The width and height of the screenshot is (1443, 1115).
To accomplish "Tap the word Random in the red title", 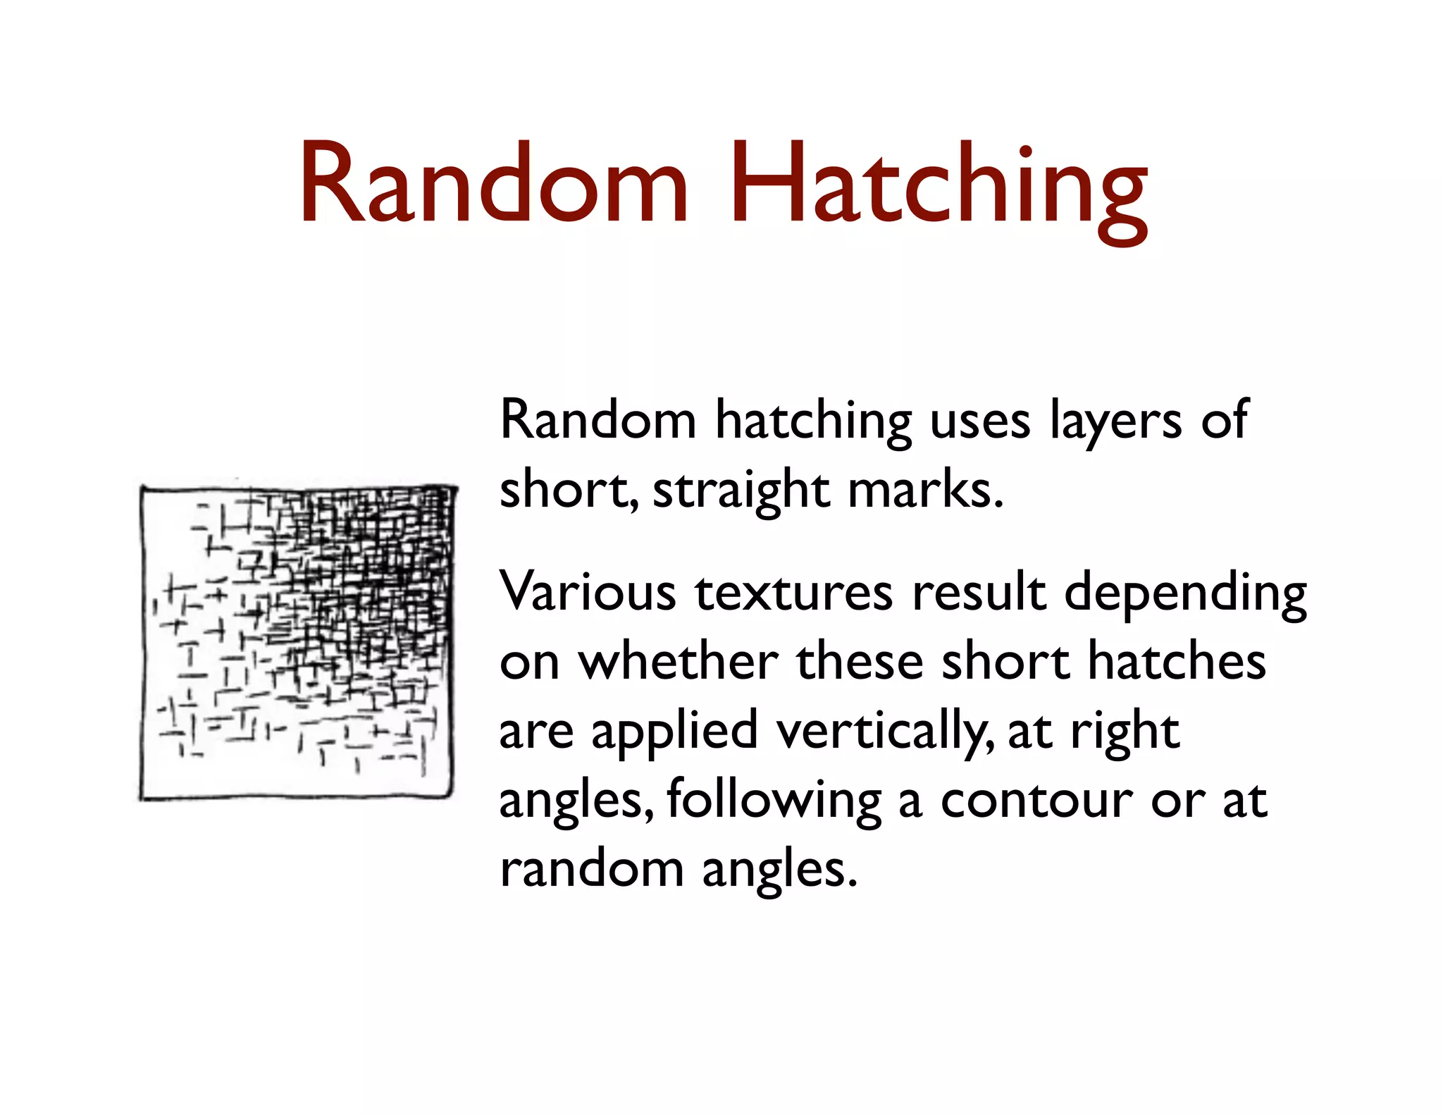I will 493,185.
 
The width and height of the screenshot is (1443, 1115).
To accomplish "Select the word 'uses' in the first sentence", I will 980,421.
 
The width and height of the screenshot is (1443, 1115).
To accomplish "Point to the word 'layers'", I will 1115,421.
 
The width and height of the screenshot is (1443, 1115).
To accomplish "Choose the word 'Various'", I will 588,592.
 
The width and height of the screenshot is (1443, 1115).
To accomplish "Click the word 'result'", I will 979,592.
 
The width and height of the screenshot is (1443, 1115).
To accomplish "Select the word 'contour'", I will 1036,801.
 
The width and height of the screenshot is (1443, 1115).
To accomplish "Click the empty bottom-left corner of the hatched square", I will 166,775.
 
